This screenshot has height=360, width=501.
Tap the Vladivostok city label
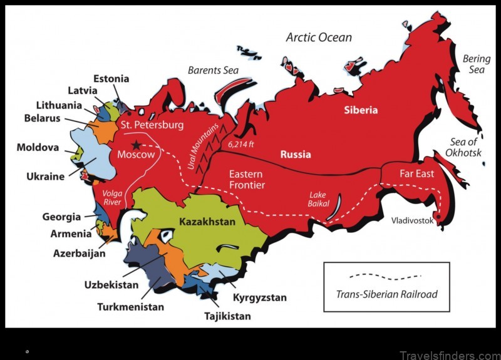412,220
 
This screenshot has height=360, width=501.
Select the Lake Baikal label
318,199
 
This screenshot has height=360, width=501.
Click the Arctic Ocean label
319,37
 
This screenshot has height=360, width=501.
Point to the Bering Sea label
477,64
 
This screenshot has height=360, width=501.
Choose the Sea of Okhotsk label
463,147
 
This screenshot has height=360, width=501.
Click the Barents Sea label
214,70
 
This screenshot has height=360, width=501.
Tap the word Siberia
361,110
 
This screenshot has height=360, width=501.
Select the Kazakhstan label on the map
207,222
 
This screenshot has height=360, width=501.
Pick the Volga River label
113,197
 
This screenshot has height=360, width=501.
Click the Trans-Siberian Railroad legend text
386,294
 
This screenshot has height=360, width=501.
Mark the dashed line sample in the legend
386,275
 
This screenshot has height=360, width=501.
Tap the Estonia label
111,79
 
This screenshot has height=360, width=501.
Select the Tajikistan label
227,316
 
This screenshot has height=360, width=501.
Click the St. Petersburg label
153,125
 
